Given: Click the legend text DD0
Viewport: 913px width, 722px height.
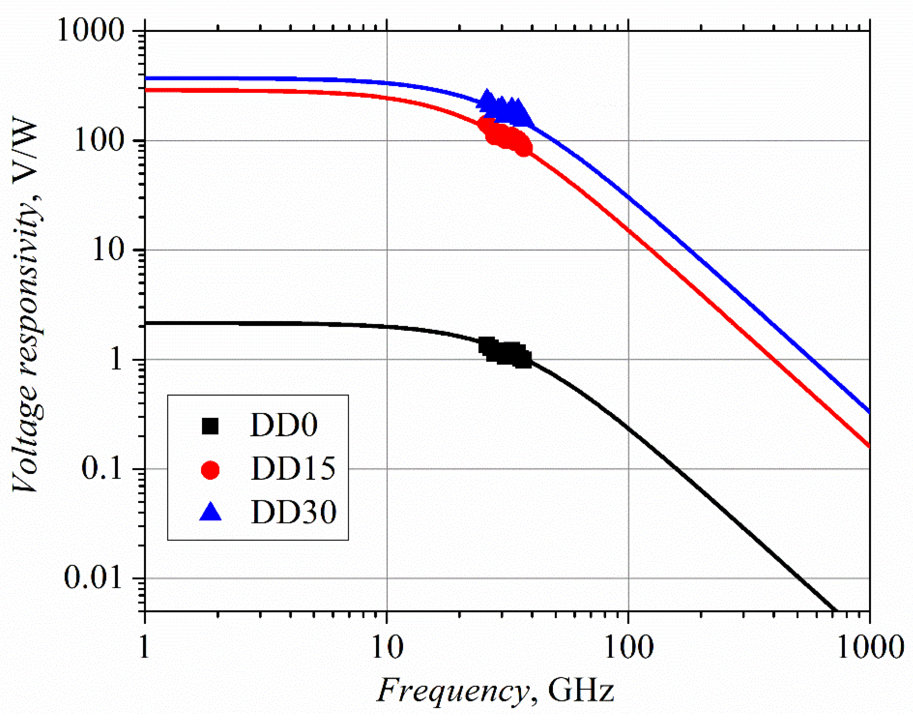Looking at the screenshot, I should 284,425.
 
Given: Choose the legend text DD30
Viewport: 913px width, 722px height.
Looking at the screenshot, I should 293,512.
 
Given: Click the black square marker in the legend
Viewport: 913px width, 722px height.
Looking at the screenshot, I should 210,426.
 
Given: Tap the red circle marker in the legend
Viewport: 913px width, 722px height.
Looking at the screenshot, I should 210,470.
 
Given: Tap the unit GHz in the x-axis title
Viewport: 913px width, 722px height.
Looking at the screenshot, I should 581,691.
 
